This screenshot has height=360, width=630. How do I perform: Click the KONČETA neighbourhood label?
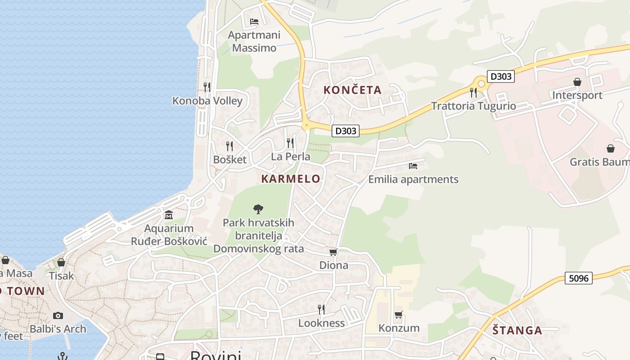point(352,90)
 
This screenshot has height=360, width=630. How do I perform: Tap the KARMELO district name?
point(291,179)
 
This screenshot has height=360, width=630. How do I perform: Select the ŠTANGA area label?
point(517,330)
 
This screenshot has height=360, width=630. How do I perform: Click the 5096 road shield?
point(578,278)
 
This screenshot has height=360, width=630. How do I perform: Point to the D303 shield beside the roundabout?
point(500,76)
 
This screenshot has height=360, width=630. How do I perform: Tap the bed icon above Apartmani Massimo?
point(254,21)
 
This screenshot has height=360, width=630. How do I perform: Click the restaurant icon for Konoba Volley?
point(207,87)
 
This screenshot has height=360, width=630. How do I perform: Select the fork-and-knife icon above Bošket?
point(229,146)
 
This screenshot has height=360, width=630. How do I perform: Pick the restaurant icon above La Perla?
point(290,143)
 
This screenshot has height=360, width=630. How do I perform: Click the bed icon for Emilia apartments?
point(413,166)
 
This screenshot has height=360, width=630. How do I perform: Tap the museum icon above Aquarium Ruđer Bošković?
point(169,215)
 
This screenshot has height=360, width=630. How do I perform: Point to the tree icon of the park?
point(258,209)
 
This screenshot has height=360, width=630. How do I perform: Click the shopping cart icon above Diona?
point(333,252)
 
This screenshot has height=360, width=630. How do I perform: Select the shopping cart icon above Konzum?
point(398,315)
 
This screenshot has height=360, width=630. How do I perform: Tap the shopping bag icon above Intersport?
point(577,81)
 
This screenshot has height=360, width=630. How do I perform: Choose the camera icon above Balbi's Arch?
point(58,315)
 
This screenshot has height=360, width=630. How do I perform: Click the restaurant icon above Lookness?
point(321,309)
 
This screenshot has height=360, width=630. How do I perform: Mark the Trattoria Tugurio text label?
point(473,106)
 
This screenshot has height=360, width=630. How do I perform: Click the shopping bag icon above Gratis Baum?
point(611,148)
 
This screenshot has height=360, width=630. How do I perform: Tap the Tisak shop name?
point(61,275)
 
